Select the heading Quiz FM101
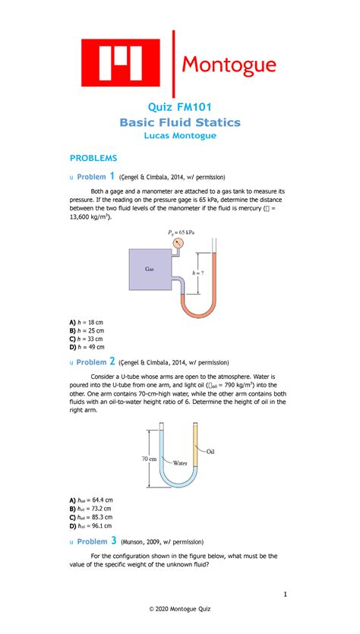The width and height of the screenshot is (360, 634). tap(180, 106)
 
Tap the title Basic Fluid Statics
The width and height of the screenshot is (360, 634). tap(180, 121)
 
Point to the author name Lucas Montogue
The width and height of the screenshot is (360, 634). tap(180, 136)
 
